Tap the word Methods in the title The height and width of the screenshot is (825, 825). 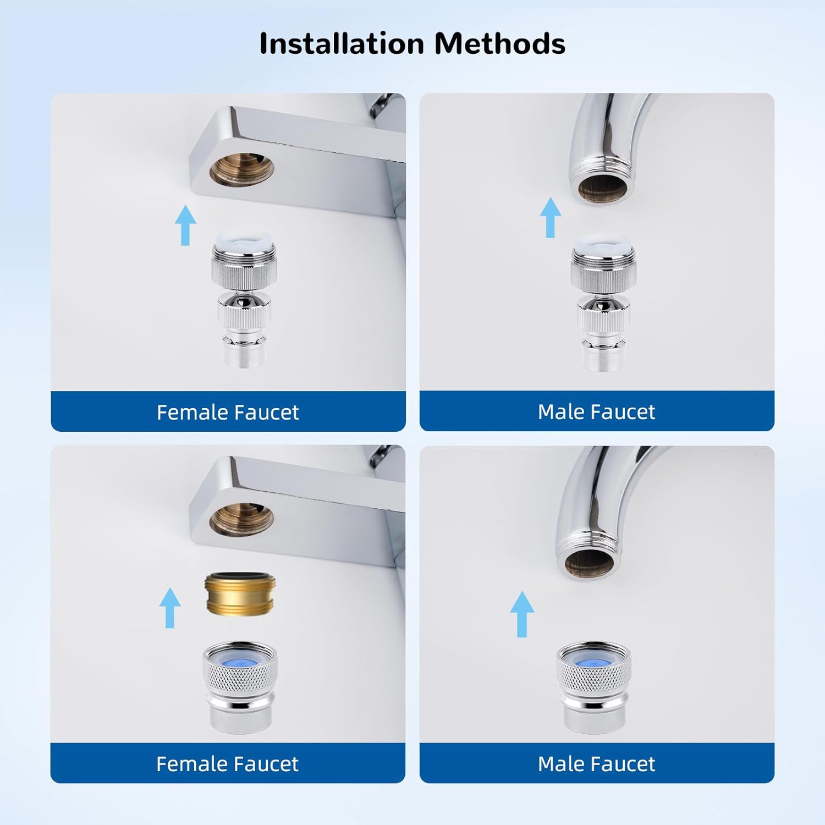click(x=500, y=43)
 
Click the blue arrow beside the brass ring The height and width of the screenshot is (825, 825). click(x=170, y=608)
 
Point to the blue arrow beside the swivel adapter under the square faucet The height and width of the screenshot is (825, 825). click(x=185, y=225)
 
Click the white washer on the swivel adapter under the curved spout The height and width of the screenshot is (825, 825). click(x=603, y=243)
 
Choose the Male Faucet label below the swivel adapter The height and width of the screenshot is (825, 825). click(x=597, y=411)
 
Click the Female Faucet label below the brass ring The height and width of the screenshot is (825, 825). click(x=227, y=763)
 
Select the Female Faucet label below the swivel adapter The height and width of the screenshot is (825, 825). click(x=228, y=412)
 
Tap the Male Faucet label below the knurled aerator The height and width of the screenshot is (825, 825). click(x=597, y=763)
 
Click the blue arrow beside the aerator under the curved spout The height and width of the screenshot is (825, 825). click(x=522, y=614)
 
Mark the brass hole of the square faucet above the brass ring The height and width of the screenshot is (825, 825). click(x=241, y=520)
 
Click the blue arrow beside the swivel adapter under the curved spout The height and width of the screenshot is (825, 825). click(x=550, y=217)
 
